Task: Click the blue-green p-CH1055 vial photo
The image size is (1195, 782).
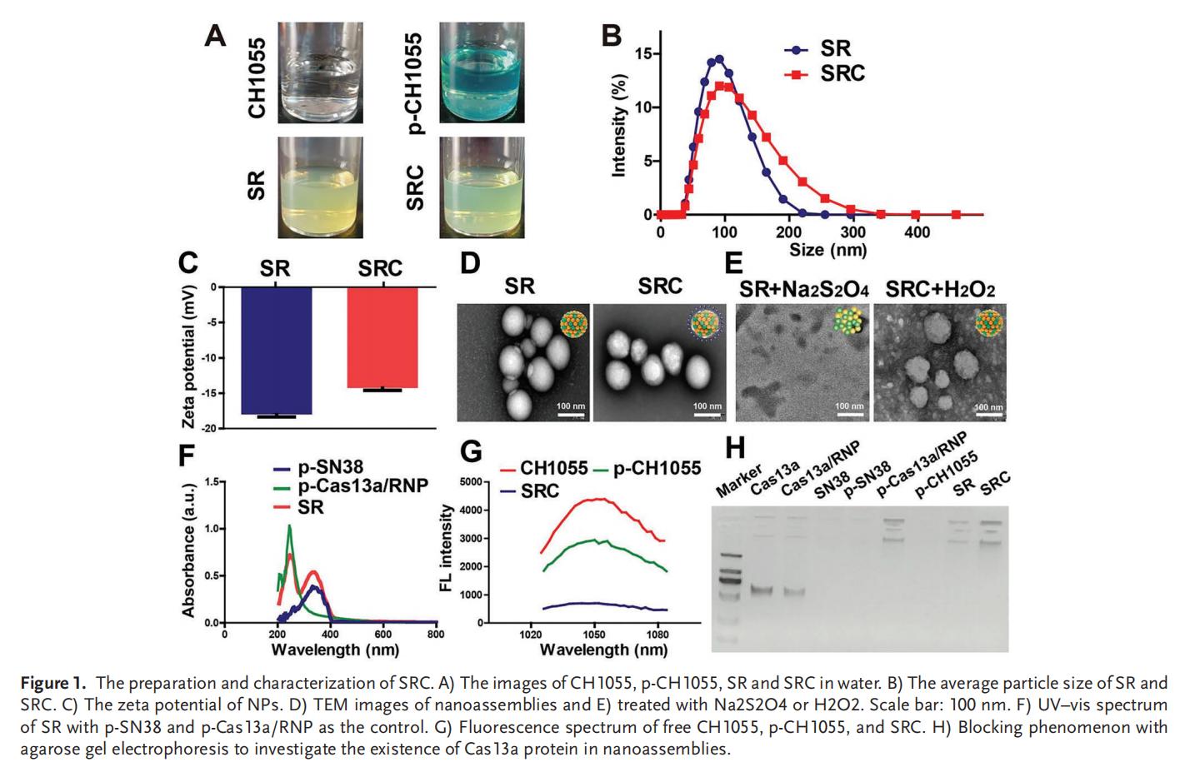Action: [482, 73]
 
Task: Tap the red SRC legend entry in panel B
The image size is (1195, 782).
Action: [842, 74]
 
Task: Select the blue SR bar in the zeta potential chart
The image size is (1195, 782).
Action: [277, 350]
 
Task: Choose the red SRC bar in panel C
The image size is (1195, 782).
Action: [382, 337]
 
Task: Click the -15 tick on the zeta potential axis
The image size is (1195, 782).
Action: [213, 393]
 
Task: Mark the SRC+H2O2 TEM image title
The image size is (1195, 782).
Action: [939, 290]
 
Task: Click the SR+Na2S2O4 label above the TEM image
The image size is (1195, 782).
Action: [804, 290]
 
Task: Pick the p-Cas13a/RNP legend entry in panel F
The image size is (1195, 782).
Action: [362, 486]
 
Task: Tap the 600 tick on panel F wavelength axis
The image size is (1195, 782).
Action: [382, 635]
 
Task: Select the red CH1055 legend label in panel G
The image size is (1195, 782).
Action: [553, 468]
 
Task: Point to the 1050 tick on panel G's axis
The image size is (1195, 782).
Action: [593, 635]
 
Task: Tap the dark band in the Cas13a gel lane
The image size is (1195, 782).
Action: [762, 590]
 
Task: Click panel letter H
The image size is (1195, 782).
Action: [734, 448]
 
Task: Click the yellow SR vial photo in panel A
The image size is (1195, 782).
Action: [320, 187]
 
